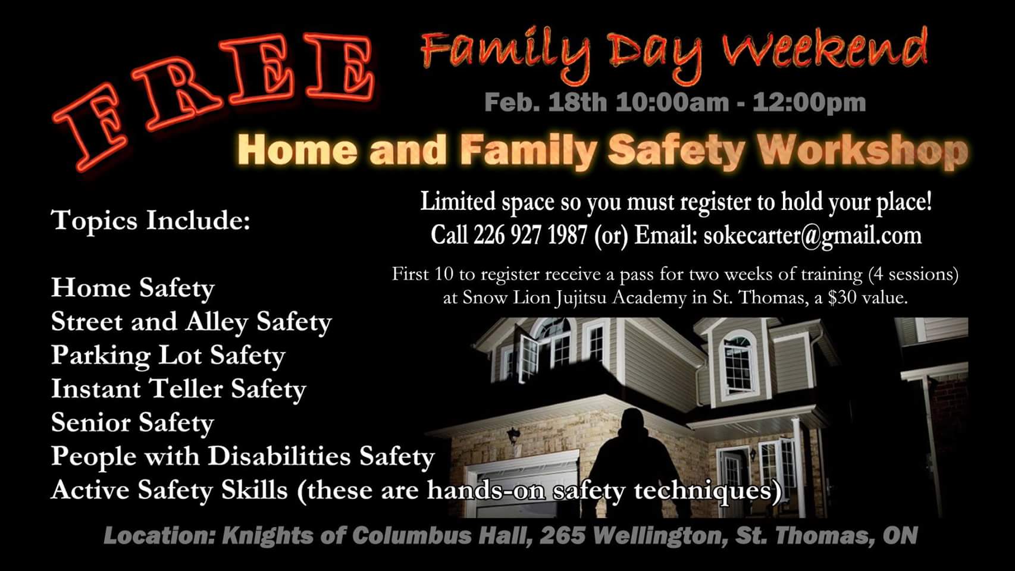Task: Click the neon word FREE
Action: (213, 100)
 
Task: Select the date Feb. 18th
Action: (546, 102)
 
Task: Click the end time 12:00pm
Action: (809, 103)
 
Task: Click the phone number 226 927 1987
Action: (531, 235)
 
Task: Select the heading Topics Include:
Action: (151, 221)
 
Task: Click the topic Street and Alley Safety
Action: (192, 322)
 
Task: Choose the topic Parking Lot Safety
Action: (168, 356)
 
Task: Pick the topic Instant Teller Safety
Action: (178, 390)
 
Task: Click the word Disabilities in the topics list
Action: (279, 456)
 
